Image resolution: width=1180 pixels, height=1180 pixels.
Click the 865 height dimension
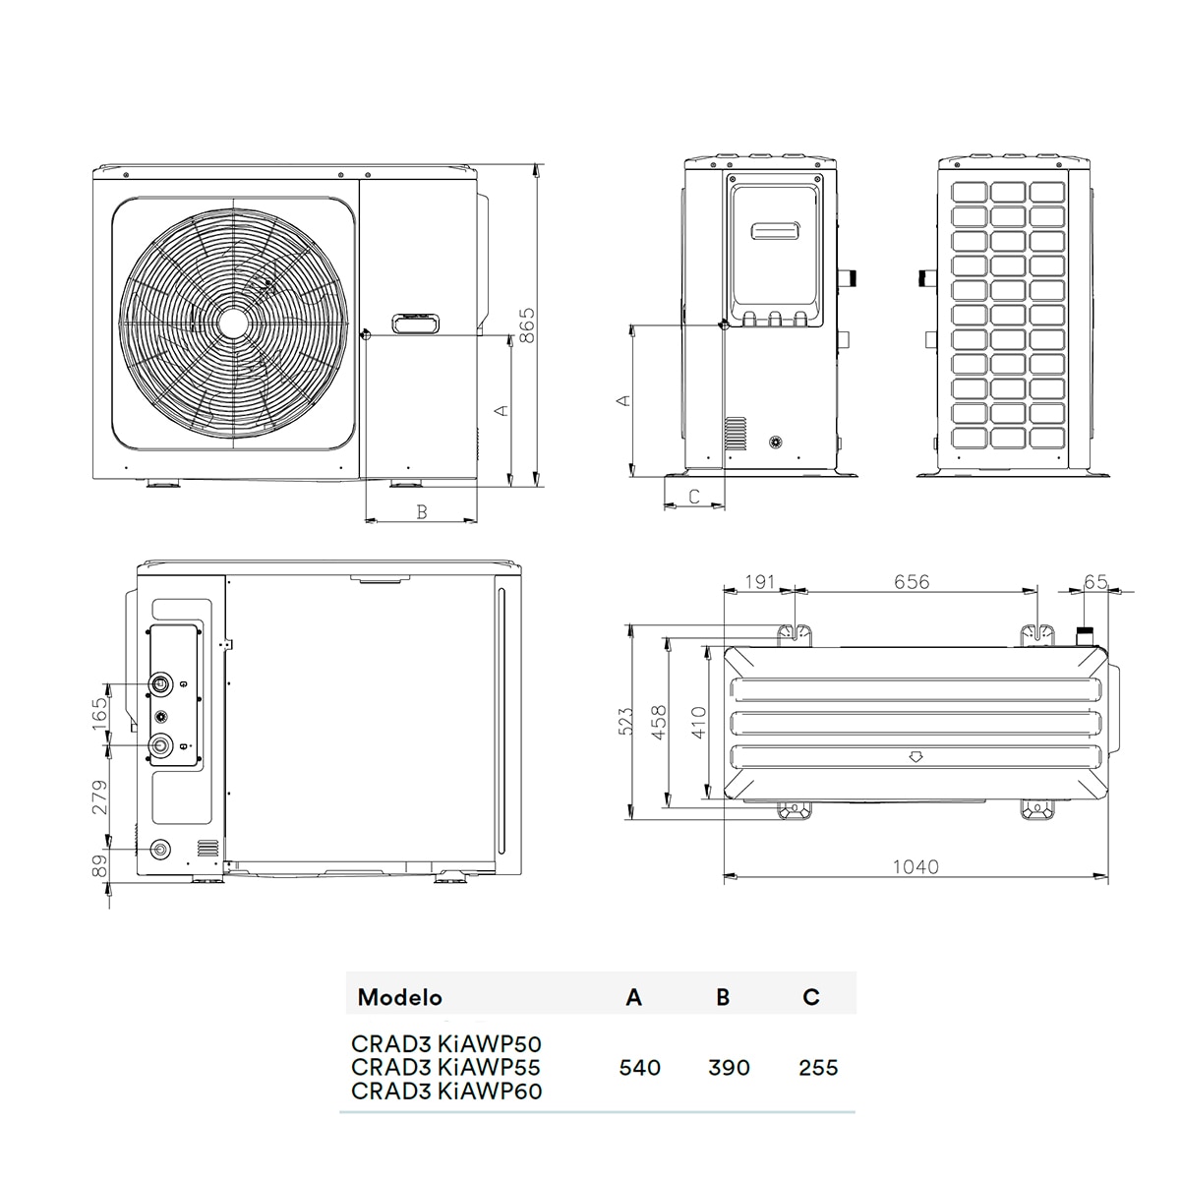click(x=526, y=325)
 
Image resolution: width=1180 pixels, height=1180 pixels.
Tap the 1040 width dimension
click(x=915, y=866)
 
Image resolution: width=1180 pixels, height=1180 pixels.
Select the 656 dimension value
click(x=912, y=581)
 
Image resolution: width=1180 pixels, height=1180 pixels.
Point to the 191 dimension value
click(x=760, y=581)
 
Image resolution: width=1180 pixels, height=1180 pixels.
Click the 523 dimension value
click(x=624, y=721)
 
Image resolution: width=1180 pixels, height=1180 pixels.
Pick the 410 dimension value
click(x=699, y=722)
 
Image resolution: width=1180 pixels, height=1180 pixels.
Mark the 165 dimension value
click(x=99, y=713)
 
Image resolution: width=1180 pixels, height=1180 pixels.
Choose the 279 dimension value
click(x=99, y=796)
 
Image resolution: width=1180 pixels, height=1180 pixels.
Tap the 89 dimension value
click(x=99, y=866)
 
